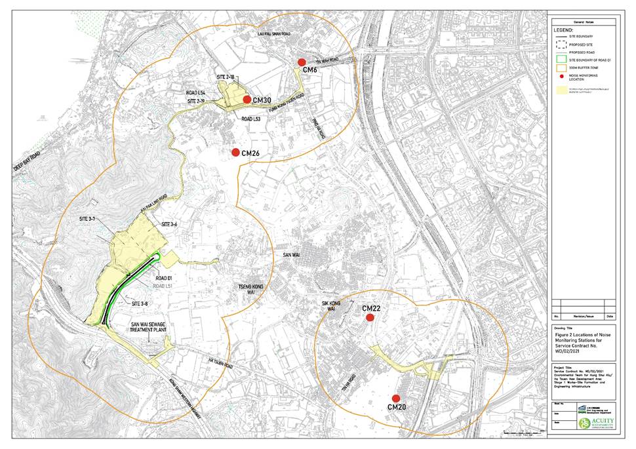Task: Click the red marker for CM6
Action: point(302,62)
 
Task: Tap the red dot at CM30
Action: point(247,99)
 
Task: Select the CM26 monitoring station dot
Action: point(235,152)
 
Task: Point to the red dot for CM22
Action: point(370,317)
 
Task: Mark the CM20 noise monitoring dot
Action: point(396,398)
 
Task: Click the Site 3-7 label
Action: point(87,218)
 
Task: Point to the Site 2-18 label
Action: point(225,77)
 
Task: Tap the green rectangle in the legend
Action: point(561,59)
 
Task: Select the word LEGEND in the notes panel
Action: point(564,30)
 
